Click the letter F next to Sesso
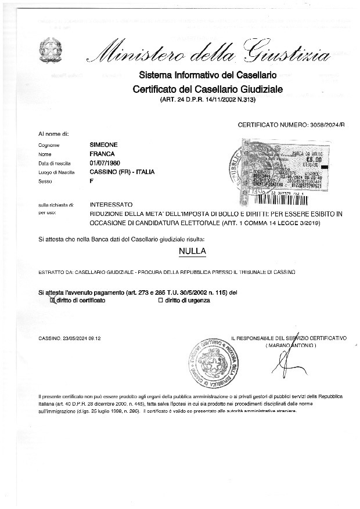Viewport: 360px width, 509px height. tap(91, 182)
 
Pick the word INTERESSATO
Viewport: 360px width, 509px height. tap(111, 205)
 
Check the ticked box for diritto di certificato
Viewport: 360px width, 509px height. tap(52, 301)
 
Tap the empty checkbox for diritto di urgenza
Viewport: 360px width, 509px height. tap(160, 301)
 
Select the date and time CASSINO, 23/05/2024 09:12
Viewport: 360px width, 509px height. tap(70, 338)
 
